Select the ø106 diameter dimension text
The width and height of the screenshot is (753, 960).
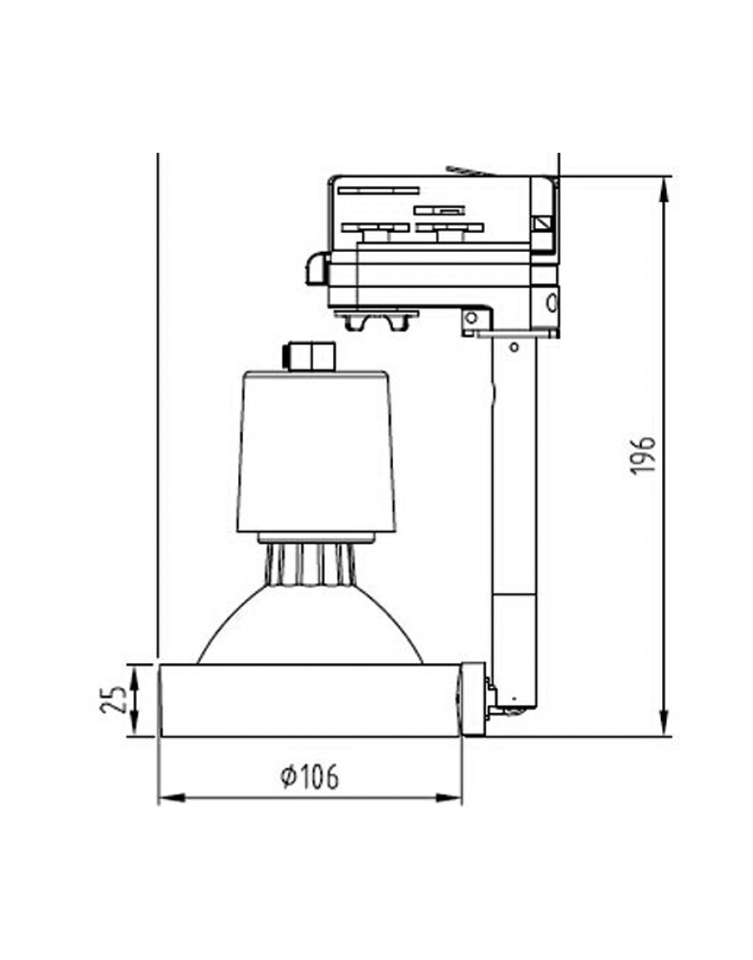[x=309, y=776]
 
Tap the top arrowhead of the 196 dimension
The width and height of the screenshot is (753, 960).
[x=663, y=188]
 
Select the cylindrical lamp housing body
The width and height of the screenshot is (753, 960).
[x=316, y=451]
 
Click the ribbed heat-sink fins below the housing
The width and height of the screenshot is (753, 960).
[x=309, y=564]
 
